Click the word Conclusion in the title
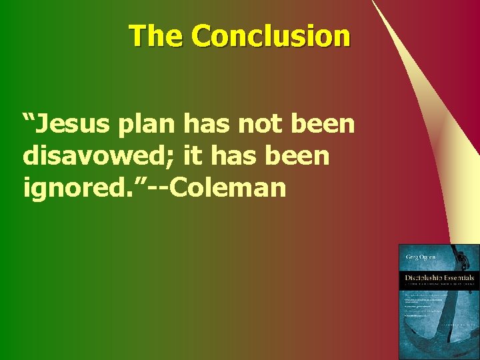coord(271,36)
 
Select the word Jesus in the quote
coord(73,125)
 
